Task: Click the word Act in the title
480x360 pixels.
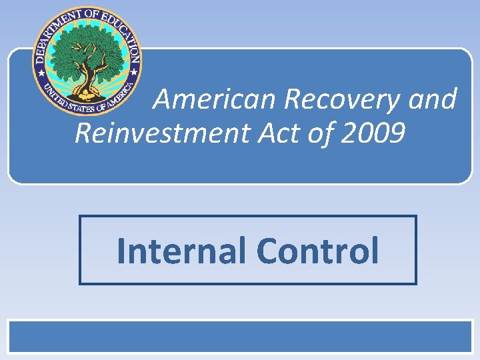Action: click(x=273, y=133)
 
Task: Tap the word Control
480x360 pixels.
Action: click(x=317, y=251)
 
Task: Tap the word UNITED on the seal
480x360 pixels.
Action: click(x=53, y=94)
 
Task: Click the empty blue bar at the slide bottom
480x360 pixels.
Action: click(x=240, y=337)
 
